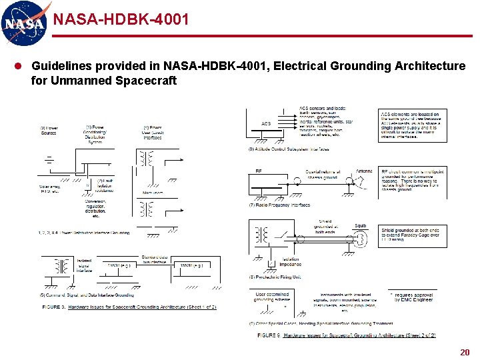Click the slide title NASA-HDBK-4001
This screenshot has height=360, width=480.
click(x=121, y=19)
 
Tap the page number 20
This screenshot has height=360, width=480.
click(x=464, y=351)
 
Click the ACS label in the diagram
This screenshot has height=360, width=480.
click(x=266, y=123)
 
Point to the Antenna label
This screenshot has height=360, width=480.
click(x=364, y=171)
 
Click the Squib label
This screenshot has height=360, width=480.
click(x=360, y=226)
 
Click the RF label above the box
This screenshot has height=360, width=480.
click(x=259, y=171)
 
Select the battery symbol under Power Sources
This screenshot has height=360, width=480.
click(x=49, y=160)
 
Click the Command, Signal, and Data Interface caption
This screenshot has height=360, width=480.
click(x=87, y=295)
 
